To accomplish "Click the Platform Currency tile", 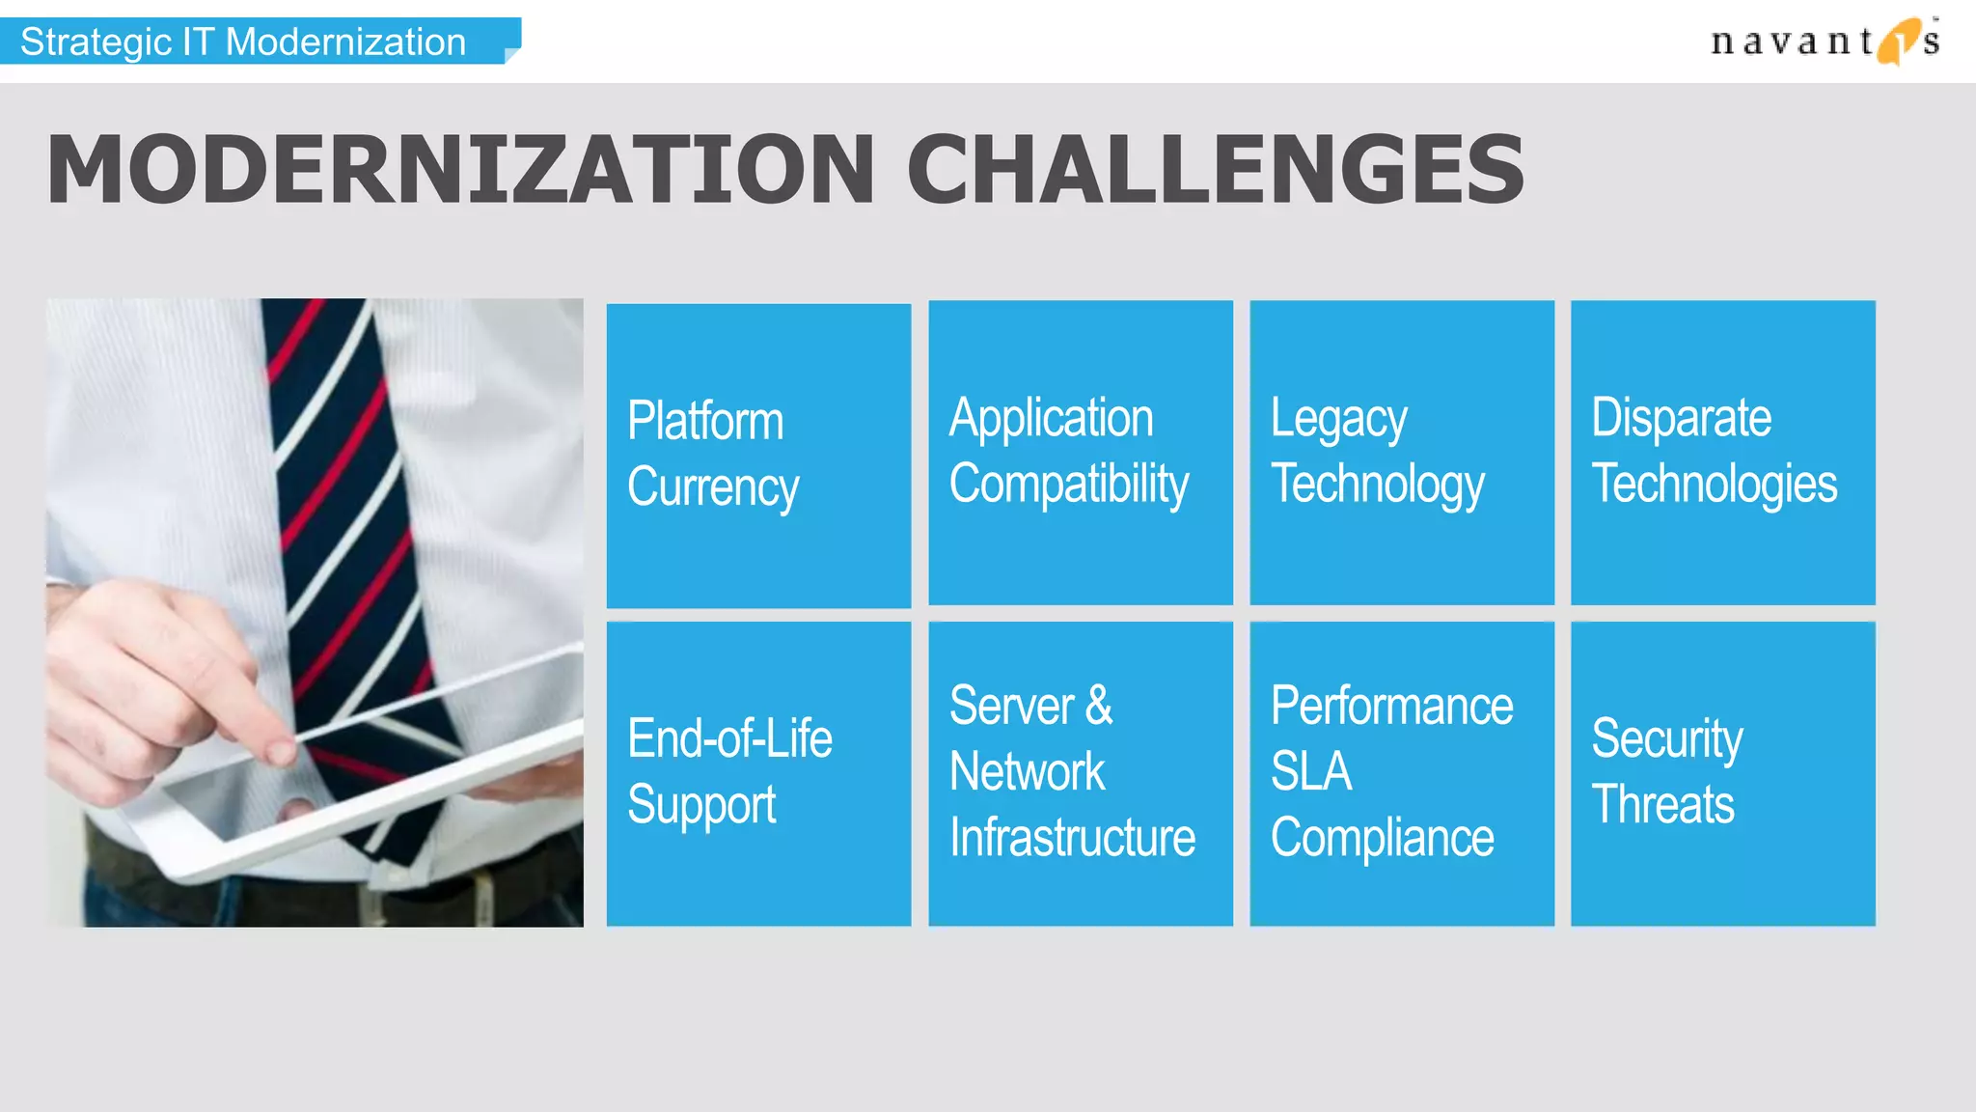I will (758, 456).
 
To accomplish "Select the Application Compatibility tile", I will (1080, 453).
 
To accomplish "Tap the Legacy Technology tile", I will (1401, 453).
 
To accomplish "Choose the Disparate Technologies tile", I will (1722, 453).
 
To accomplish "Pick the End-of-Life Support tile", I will (758, 773).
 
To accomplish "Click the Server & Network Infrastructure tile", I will (1080, 773).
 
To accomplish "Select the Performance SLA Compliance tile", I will (1401, 773).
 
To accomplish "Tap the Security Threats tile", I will (1722, 773).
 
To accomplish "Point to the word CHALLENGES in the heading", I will (1215, 170).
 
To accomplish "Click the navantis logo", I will (1824, 42).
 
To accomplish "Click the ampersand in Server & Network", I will (1098, 706).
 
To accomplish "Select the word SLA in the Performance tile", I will (1310, 771).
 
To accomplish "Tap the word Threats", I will (1662, 805).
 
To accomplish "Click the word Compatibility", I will (1068, 485).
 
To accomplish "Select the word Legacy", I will (1338, 420).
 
